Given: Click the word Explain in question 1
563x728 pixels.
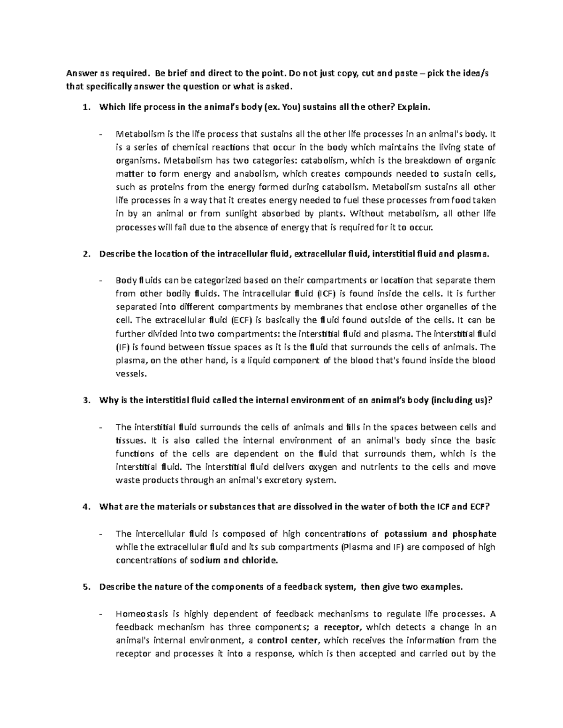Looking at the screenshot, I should pyautogui.click(x=413, y=107).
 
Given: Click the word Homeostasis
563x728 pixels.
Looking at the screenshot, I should pyautogui.click(x=142, y=614).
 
